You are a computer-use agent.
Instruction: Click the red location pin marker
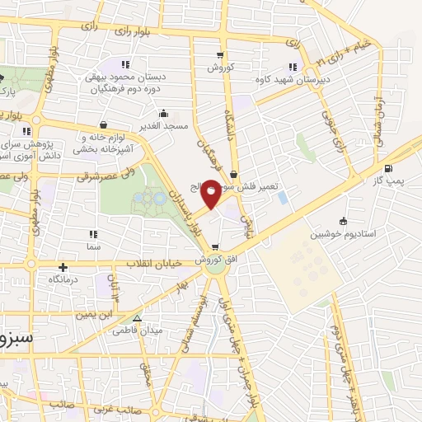(211, 194)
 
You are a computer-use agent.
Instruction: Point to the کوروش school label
(222, 66)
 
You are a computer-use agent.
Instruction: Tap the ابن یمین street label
(93, 314)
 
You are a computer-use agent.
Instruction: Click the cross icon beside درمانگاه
(63, 268)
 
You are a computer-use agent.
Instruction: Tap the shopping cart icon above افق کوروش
(215, 248)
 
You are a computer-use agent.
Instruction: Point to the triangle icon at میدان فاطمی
(137, 317)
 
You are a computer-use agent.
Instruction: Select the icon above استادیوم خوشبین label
(343, 221)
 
